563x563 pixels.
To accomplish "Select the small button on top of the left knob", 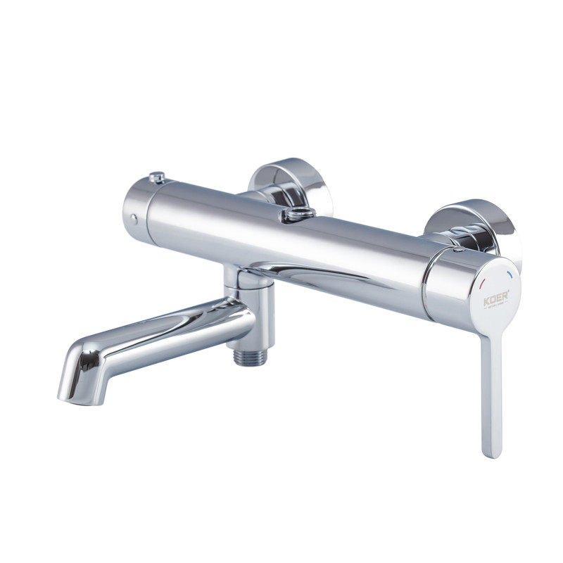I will pyautogui.click(x=158, y=177).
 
